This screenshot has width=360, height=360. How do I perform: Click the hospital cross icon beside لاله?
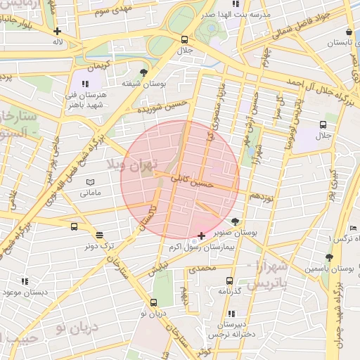tap(57, 31)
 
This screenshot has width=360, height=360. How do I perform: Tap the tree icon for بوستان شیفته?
tap(144, 72)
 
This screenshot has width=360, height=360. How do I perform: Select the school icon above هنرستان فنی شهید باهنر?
tap(86, 84)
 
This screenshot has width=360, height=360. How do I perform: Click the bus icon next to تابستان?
tap(349, 32)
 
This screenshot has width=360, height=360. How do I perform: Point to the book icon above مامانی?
tap(90, 182)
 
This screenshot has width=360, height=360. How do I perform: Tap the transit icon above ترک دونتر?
tap(98, 235)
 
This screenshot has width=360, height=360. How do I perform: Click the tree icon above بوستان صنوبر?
tap(245, 221)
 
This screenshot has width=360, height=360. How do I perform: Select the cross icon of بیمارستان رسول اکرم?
tap(202, 235)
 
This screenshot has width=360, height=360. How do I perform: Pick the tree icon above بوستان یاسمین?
tap(329, 257)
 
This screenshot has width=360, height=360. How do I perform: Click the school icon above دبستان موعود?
tap(25, 281)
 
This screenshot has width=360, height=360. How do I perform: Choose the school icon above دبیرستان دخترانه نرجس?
tap(231, 314)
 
